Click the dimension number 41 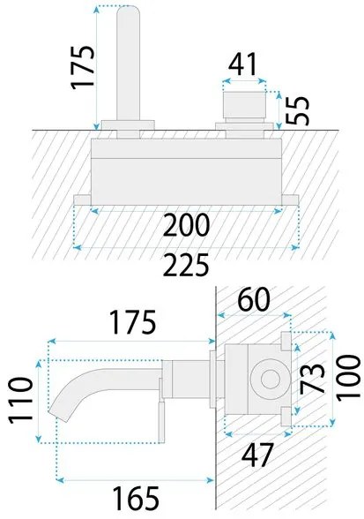pyautogui.click(x=242, y=64)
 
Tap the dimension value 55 pyautogui.click(x=297, y=111)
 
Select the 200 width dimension pyautogui.click(x=187, y=225)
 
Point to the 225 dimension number pyautogui.click(x=187, y=265)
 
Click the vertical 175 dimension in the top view pyautogui.click(x=83, y=67)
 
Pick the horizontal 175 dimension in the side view pyautogui.click(x=132, y=322)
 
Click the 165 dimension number pyautogui.click(x=136, y=498)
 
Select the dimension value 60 pyautogui.click(x=255, y=300)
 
